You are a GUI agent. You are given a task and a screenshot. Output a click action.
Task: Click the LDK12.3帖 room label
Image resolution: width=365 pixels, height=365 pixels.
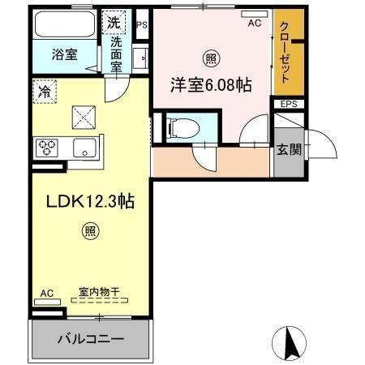[84, 204]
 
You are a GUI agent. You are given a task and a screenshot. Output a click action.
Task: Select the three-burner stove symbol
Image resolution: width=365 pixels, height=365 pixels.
[47, 148]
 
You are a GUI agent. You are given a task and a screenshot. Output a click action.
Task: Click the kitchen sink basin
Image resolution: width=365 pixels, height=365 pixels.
[83, 148]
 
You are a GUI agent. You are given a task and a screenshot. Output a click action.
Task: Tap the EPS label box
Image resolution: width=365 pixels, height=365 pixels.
[288, 104]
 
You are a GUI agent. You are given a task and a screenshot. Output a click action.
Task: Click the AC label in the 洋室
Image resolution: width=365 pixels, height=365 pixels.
[254, 24]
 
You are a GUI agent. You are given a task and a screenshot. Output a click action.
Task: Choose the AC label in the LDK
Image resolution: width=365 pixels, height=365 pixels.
[47, 293]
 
